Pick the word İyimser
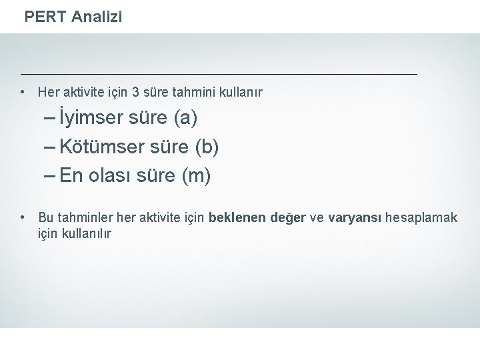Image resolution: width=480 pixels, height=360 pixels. (91, 119)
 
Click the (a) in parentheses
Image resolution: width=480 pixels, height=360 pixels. (185, 119)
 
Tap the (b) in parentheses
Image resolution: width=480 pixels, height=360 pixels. (208, 147)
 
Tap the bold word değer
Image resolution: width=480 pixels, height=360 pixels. (287, 218)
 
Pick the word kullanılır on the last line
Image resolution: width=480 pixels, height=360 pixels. (85, 234)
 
